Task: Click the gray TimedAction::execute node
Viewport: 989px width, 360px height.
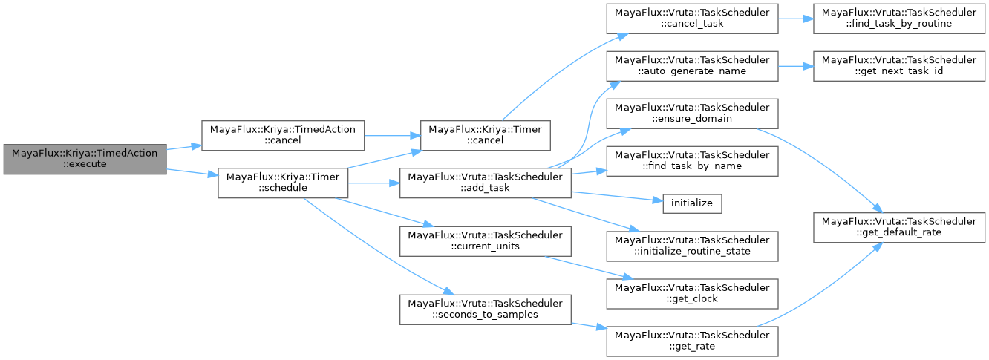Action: pos(85,159)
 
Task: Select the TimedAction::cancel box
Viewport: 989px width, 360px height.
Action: pos(284,135)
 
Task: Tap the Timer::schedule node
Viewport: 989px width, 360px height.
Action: pos(284,182)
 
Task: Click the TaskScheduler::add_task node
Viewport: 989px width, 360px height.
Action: pos(486,183)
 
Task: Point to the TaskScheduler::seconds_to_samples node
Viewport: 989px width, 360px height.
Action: pos(486,309)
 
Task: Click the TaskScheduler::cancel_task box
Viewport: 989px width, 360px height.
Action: pos(692,18)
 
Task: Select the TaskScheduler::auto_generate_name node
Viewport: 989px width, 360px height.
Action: pos(692,65)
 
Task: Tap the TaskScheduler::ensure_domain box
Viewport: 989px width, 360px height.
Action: pos(692,113)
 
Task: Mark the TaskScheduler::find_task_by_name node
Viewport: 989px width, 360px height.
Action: pos(692,160)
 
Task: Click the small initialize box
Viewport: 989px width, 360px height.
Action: pos(692,202)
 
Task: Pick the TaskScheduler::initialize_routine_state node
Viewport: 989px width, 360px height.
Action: pos(692,246)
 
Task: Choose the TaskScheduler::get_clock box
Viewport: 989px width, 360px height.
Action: pos(692,293)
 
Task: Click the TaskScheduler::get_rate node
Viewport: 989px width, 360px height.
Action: pos(692,341)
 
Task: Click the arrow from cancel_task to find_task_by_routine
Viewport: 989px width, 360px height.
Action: pos(795,18)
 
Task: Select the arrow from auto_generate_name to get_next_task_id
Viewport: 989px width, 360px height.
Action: pos(795,65)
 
